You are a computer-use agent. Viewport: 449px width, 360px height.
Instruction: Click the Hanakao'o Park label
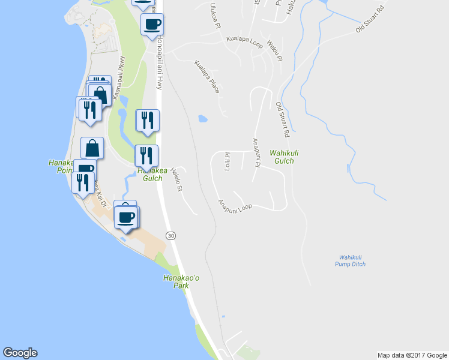pyautogui.click(x=176, y=281)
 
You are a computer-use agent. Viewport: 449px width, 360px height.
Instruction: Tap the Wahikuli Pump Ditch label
pyautogui.click(x=352, y=260)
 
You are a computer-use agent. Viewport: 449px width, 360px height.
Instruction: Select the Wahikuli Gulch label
pyautogui.click(x=285, y=157)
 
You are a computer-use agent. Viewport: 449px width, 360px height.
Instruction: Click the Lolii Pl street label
pyautogui.click(x=228, y=161)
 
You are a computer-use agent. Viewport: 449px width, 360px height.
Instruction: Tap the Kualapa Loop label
pyautogui.click(x=245, y=39)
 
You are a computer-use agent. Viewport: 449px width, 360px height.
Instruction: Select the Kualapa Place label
pyautogui.click(x=207, y=76)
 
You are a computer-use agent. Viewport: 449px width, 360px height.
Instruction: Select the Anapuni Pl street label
pyautogui.click(x=255, y=153)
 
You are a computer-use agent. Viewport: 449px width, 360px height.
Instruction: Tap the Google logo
pyautogui.click(x=20, y=353)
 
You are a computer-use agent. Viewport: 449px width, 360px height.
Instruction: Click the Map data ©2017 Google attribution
pyautogui.click(x=412, y=355)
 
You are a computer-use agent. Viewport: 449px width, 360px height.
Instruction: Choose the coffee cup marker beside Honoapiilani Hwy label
pyautogui.click(x=152, y=25)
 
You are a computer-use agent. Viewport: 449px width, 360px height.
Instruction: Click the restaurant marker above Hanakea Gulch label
pyautogui.click(x=146, y=155)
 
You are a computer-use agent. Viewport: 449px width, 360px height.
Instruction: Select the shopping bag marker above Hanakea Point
pyautogui.click(x=92, y=148)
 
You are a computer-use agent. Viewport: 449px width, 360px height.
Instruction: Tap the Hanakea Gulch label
pyautogui.click(x=149, y=174)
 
